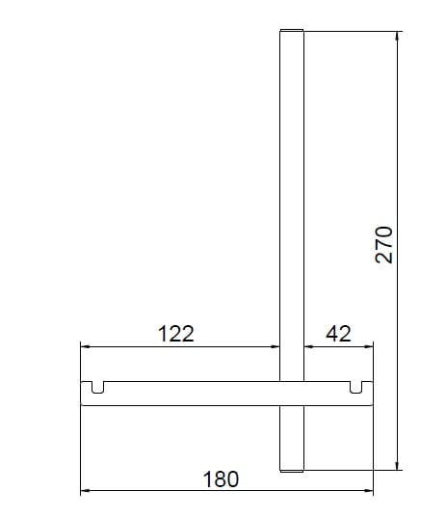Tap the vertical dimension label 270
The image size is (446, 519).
(383, 245)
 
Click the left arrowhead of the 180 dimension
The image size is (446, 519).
(86, 492)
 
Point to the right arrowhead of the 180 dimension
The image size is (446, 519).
(367, 492)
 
